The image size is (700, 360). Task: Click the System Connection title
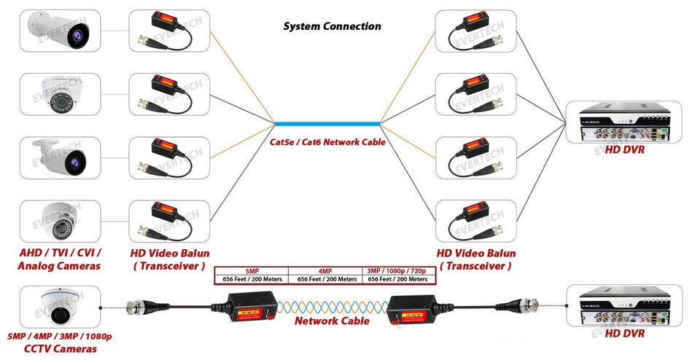[332, 26]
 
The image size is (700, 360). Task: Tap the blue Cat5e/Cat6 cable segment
[327, 123]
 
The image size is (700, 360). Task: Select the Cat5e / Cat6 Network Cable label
[327, 142]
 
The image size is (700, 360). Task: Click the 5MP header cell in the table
[252, 270]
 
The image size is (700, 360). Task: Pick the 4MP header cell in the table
[325, 270]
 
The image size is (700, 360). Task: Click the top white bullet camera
[60, 30]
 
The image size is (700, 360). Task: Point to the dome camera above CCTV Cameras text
[60, 306]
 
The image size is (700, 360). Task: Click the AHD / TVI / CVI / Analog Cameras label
[60, 259]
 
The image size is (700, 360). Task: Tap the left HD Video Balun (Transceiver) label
[170, 259]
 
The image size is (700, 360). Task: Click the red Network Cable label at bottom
[332, 321]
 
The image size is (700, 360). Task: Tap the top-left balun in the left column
[170, 30]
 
